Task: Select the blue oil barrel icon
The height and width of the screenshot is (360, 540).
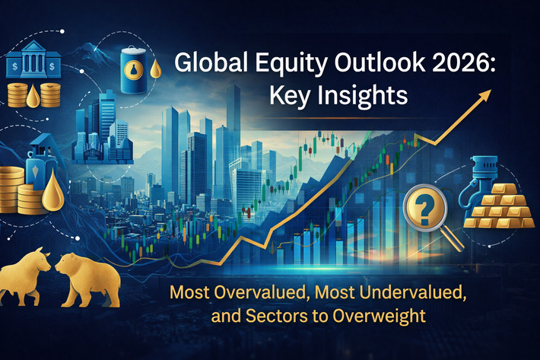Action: click(x=136, y=66)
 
